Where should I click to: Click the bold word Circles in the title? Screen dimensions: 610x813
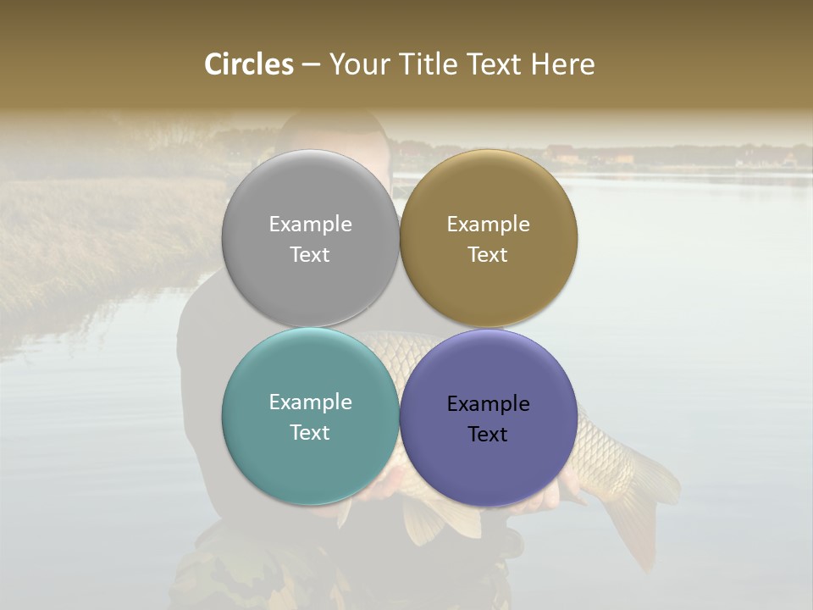[x=249, y=64]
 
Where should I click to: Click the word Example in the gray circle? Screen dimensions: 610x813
[x=310, y=224]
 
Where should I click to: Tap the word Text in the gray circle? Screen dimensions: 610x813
[x=310, y=254]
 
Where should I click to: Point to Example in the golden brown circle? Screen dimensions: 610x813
[x=488, y=224]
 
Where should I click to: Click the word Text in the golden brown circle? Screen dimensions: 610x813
[x=488, y=254]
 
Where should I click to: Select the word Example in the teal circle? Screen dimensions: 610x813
[x=310, y=402]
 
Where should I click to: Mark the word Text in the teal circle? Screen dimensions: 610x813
[x=310, y=432]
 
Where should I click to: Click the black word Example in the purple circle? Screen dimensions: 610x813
[x=488, y=403]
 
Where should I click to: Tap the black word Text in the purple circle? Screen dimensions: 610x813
[x=488, y=434]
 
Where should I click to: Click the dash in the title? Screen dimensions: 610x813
[x=311, y=65]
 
